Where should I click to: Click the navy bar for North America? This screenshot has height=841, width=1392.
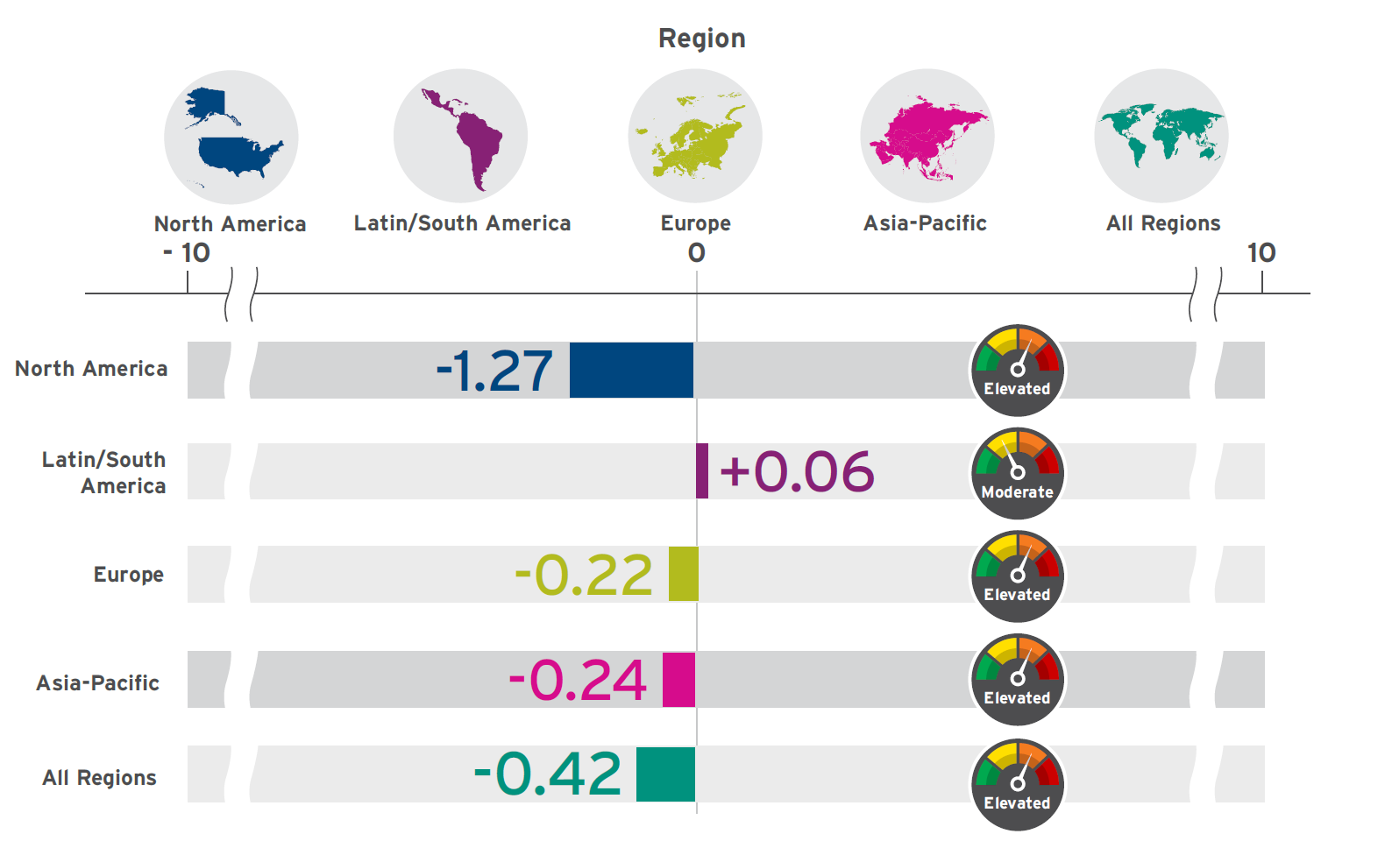tap(631, 370)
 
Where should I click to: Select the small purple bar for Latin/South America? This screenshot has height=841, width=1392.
tap(702, 471)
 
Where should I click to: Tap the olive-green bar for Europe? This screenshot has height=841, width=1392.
tap(683, 574)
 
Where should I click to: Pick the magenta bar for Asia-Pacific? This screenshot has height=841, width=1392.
tap(678, 679)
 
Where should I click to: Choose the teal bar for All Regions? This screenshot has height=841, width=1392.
tap(665, 774)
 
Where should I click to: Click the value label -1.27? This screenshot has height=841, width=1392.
tap(494, 371)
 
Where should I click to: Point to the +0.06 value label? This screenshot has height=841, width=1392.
tap(797, 472)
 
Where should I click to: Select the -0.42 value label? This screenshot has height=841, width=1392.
tap(548, 774)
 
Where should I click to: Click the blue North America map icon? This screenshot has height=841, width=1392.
tap(231, 137)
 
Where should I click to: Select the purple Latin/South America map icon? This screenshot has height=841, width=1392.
tap(461, 136)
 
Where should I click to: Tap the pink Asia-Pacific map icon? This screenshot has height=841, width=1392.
tap(927, 136)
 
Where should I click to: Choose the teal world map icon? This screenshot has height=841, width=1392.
tap(1161, 136)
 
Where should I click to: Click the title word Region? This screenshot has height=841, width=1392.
tap(701, 39)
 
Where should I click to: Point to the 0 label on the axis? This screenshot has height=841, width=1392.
tap(697, 253)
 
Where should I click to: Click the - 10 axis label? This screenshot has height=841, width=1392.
tap(187, 253)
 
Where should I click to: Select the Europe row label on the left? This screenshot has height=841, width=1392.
tap(129, 575)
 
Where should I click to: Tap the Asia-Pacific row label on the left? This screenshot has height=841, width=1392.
tap(98, 683)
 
